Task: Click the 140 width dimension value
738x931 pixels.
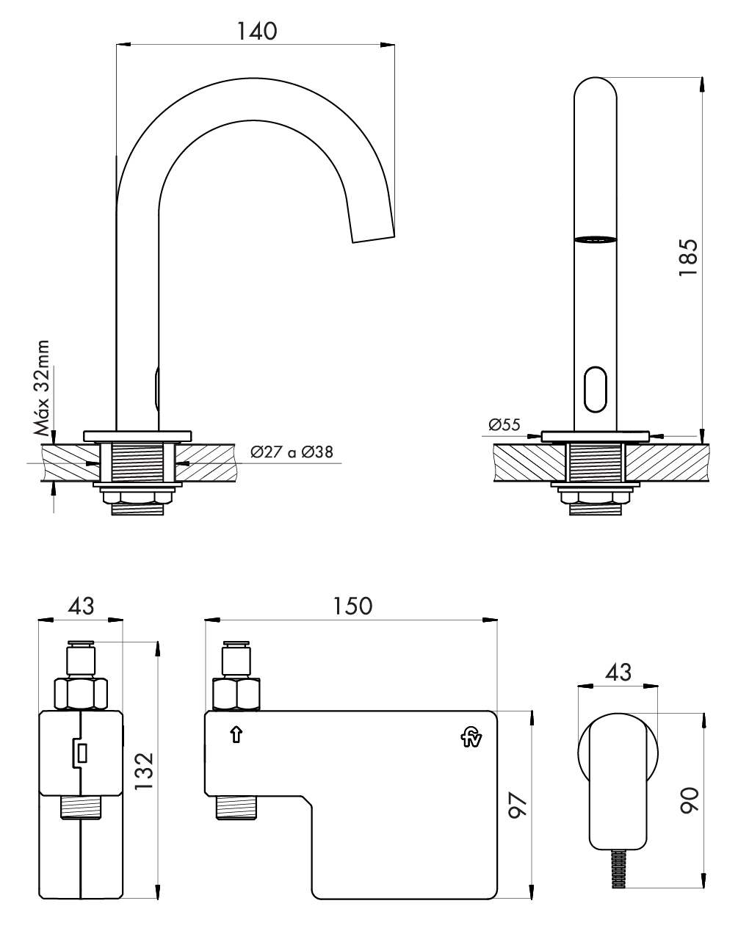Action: (x=257, y=32)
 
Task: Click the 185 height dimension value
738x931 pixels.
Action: (x=688, y=256)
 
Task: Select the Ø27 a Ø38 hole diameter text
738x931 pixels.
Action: (x=291, y=452)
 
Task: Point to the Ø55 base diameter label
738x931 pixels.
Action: (x=504, y=424)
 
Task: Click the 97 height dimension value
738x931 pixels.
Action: (x=519, y=808)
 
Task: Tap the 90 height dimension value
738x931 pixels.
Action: (x=688, y=798)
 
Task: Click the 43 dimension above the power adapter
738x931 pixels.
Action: (x=618, y=672)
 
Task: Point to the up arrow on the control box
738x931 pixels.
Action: (x=236, y=734)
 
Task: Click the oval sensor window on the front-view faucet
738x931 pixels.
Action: (x=595, y=390)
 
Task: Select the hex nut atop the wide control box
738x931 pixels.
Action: (x=235, y=694)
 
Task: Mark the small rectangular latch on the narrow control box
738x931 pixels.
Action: (x=81, y=753)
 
